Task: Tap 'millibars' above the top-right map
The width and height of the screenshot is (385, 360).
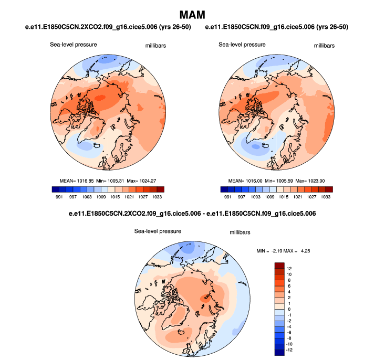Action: tap(324, 46)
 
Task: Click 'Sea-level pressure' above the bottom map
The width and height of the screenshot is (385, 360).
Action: tap(158, 231)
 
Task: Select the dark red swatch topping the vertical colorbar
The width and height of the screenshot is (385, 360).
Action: tap(279, 266)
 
